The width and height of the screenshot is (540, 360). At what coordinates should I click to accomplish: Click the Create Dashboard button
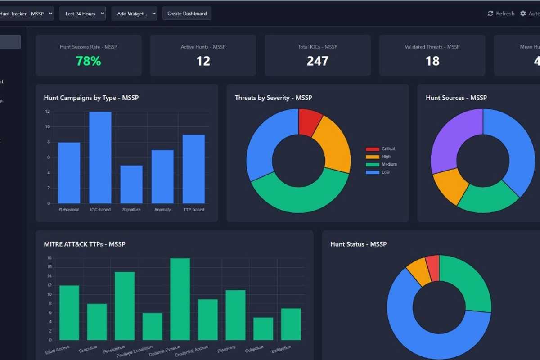click(x=187, y=13)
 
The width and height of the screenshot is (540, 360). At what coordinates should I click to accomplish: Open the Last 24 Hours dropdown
click(x=82, y=13)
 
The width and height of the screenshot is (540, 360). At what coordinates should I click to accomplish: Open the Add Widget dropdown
click(x=134, y=13)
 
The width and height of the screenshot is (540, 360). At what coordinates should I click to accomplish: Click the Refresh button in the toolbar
click(x=501, y=13)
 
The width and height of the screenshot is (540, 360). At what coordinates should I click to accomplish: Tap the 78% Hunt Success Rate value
click(x=88, y=61)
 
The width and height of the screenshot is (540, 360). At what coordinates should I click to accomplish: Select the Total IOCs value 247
click(x=317, y=61)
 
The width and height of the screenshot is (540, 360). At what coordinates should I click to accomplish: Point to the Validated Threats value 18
click(x=432, y=61)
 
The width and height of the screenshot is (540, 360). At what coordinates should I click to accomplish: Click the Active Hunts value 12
click(x=203, y=61)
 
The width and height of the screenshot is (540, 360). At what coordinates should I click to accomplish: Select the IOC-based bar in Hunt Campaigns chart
click(x=100, y=157)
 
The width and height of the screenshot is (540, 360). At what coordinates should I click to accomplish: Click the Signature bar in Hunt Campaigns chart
click(x=131, y=184)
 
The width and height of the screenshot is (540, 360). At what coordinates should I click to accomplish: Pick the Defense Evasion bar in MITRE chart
click(x=180, y=299)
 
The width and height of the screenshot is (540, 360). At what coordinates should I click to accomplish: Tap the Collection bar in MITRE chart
click(x=263, y=328)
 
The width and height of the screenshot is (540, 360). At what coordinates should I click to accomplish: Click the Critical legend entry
click(x=381, y=149)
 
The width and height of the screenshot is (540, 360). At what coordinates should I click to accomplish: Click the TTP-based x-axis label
click(x=193, y=210)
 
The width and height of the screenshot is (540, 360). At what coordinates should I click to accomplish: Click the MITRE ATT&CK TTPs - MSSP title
click(x=85, y=244)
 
